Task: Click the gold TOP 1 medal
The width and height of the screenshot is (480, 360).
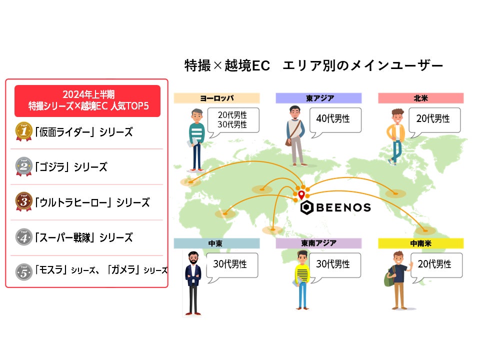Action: (23, 131)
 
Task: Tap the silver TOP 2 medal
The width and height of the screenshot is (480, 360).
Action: (23, 166)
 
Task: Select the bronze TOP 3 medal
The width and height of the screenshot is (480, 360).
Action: (23, 202)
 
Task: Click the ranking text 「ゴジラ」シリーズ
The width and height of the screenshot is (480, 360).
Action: (70, 167)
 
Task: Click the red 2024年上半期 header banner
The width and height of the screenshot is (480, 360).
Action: (87, 100)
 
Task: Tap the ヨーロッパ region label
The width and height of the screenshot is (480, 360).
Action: (216, 98)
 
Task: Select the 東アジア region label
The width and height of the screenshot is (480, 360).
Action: (319, 98)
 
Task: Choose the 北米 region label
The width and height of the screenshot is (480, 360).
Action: (420, 98)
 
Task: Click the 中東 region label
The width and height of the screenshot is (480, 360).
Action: (216, 243)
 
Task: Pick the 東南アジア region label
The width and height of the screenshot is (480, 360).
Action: (319, 243)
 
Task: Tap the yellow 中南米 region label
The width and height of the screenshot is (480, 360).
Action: (420, 243)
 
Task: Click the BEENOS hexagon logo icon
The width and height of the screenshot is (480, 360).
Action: (307, 207)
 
